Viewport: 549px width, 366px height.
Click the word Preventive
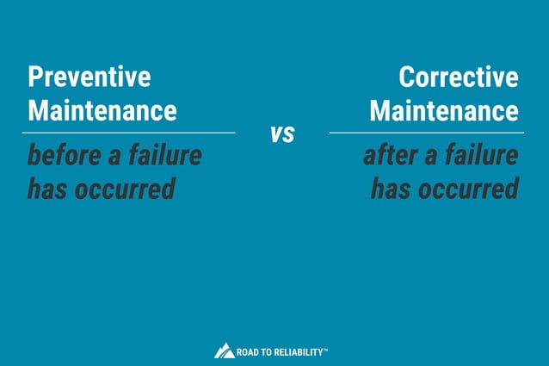89,78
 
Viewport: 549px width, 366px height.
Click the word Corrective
459,78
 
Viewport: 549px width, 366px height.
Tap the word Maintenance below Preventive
102,111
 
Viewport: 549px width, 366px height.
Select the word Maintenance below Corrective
444,111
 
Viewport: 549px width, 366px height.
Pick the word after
392,156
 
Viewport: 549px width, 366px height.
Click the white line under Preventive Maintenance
128,133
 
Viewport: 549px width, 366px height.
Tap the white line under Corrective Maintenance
426,133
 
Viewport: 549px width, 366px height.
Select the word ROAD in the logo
250,351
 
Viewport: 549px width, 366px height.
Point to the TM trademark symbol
325,349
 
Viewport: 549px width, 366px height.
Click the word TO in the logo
270,351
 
